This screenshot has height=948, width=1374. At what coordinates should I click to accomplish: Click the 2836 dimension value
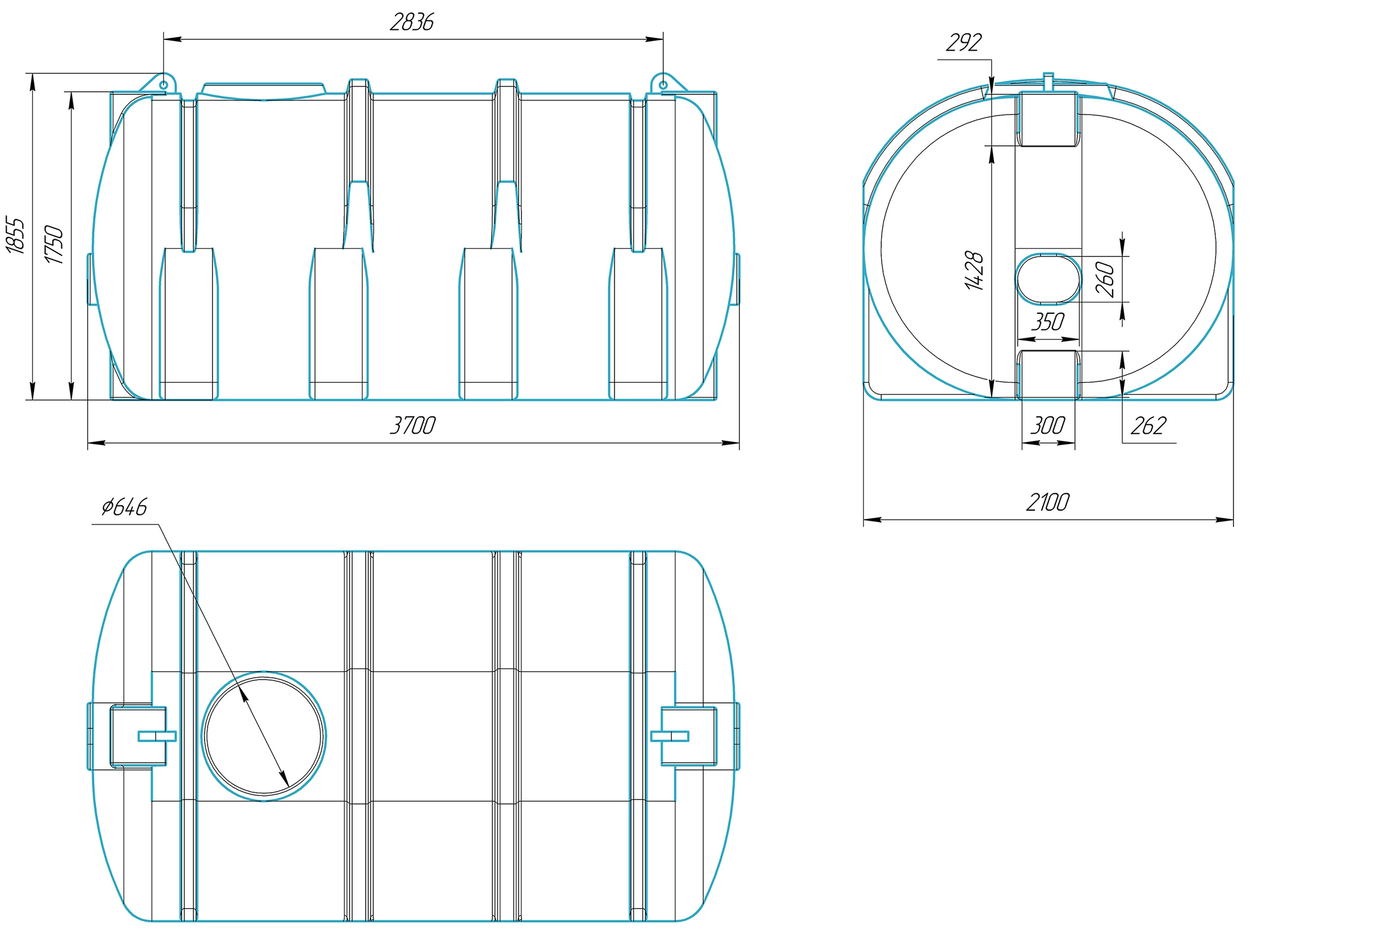(x=412, y=22)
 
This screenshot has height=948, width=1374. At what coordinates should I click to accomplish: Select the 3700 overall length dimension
(x=412, y=425)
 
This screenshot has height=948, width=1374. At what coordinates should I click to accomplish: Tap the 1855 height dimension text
(x=16, y=235)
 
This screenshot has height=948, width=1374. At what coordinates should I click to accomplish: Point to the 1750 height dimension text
(x=53, y=244)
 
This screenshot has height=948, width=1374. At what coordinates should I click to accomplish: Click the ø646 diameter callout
(x=124, y=507)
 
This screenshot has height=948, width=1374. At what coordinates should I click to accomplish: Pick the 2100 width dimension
(x=1048, y=502)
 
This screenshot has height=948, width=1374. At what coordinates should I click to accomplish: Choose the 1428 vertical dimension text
(x=974, y=271)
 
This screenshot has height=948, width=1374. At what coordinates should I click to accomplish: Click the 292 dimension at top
(x=964, y=42)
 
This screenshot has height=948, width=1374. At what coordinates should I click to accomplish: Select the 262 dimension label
(x=1148, y=425)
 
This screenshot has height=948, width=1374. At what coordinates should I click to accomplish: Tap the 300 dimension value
(x=1048, y=425)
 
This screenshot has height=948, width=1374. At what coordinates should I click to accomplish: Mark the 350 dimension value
(x=1048, y=322)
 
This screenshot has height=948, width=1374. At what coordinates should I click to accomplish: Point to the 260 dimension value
(x=1105, y=279)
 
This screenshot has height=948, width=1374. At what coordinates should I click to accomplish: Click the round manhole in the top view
(x=264, y=736)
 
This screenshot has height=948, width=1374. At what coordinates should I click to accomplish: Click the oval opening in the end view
(x=1048, y=278)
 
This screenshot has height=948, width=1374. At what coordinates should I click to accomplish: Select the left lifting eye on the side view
(x=163, y=84)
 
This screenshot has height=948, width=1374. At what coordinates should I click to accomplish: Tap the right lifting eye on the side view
(x=663, y=84)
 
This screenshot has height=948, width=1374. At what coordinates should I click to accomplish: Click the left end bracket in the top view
(x=138, y=735)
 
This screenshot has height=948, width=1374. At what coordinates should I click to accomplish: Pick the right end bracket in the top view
(x=684, y=735)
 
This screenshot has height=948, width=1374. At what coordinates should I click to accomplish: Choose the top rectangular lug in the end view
(x=1048, y=118)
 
